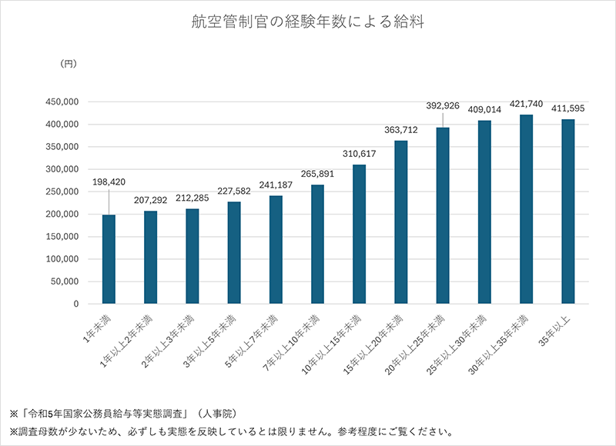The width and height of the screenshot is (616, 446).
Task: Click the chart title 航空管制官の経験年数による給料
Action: coord(308,22)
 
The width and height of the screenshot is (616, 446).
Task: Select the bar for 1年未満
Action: coord(109,259)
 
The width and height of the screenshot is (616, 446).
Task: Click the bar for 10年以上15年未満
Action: coord(359,235)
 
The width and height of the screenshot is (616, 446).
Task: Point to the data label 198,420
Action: coord(109,182)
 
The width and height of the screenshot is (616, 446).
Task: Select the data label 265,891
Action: coord(317,173)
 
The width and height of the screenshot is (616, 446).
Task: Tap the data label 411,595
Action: coord(568,108)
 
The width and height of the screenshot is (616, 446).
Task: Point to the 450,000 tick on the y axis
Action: coord(61,102)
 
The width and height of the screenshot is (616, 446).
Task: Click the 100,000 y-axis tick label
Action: coord(61,259)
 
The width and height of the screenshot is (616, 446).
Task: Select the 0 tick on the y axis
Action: coord(75,304)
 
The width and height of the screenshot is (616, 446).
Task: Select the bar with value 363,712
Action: coord(400,222)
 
